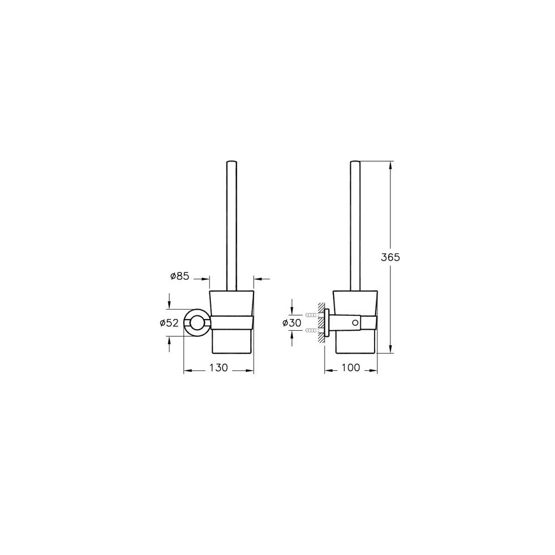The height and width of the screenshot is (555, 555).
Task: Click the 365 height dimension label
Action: pos(390,257)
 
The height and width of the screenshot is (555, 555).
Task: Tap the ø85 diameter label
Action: pos(180,276)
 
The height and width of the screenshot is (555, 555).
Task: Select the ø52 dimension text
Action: pos(169,323)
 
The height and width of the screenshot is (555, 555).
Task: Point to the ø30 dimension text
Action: pos(292,323)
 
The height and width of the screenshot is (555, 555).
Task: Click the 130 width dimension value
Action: pos(218,368)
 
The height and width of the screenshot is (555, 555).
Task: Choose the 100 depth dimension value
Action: pos(351,368)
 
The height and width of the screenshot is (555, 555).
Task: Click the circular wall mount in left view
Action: pos(196,322)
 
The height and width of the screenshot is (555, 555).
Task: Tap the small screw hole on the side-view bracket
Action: pos(355,322)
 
